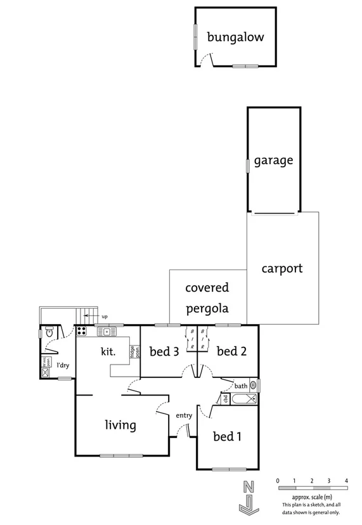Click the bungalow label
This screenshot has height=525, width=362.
click(235, 38)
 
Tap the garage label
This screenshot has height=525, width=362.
click(273, 160)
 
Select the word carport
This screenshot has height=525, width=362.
click(282, 268)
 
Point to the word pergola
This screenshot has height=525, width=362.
click(207, 309)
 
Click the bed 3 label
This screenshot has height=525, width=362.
click(163, 351)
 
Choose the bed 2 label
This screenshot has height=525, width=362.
click(231, 351)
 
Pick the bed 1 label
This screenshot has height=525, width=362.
click(227, 436)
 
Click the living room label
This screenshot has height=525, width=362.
click(120, 425)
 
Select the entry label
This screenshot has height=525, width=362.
click(184, 415)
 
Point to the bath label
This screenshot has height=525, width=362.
click(241, 386)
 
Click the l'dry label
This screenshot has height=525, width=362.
click(63, 365)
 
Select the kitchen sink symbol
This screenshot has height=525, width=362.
click(107, 331)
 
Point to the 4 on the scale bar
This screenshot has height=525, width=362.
click(346, 481)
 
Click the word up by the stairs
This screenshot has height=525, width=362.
click(105, 316)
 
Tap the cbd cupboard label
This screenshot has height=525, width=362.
click(225, 399)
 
